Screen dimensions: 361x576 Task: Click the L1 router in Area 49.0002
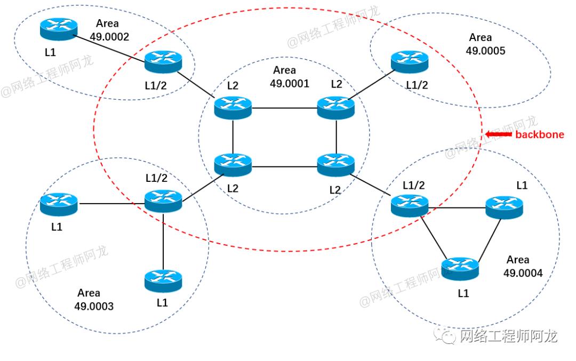(x=59, y=29)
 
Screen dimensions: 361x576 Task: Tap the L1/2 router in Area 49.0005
(x=410, y=62)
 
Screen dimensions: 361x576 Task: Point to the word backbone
(x=539, y=134)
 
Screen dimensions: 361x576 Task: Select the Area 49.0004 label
(x=522, y=266)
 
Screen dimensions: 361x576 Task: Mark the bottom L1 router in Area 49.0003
(x=163, y=279)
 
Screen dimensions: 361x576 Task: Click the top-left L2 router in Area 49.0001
(x=233, y=108)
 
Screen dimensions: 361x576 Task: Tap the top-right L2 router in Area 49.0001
(x=335, y=108)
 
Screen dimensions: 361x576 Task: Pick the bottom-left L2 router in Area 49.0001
(x=233, y=165)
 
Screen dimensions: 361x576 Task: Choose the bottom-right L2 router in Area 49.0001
(x=335, y=165)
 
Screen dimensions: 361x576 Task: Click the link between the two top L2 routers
(x=284, y=108)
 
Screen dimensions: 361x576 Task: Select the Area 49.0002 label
(x=112, y=30)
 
